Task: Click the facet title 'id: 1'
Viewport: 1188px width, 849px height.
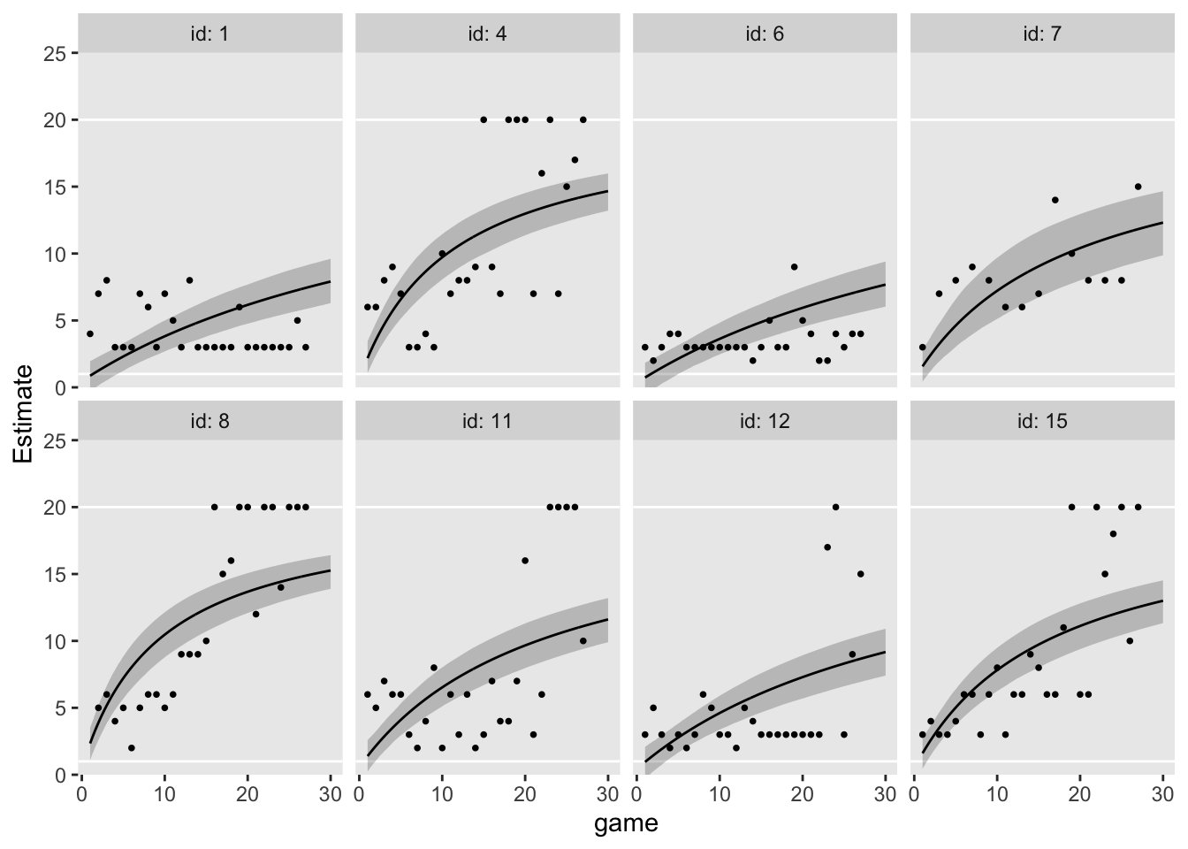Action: point(210,34)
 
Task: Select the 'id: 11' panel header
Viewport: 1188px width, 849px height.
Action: point(488,421)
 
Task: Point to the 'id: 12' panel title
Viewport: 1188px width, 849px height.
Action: point(765,421)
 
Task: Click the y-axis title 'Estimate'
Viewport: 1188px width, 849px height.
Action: point(24,413)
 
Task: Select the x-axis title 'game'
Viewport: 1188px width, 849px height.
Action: point(626,824)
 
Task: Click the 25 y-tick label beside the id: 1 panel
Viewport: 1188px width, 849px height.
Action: point(55,53)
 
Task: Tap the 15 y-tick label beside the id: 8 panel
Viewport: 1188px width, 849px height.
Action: point(55,574)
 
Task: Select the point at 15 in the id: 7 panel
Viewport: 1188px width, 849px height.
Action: point(1138,187)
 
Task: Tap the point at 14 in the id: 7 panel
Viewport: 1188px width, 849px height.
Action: point(1055,200)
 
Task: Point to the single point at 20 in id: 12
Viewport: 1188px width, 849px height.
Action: point(835,507)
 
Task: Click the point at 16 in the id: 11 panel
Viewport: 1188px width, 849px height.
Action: point(525,561)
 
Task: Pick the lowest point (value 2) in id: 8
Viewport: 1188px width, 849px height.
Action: point(131,747)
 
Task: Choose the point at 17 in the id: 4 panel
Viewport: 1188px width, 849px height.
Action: point(575,160)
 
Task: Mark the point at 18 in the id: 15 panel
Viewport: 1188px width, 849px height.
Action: point(1113,533)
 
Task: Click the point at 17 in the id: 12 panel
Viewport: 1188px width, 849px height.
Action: point(827,547)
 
